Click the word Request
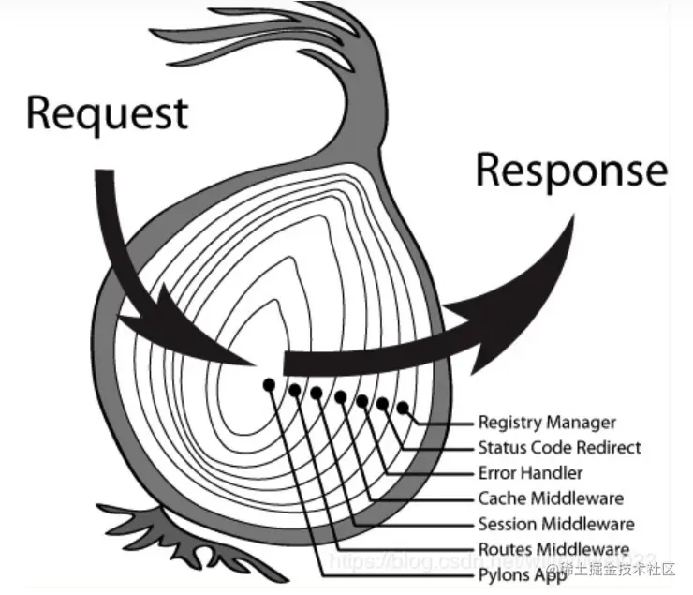(107, 113)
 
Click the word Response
(571, 171)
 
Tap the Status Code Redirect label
(559, 448)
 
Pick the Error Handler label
(530, 473)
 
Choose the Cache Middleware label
(550, 498)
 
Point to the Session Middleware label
(555, 524)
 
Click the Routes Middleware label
(553, 549)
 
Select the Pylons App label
(522, 574)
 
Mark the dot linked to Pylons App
(269, 384)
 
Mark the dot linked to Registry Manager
(404, 409)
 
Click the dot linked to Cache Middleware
(340, 396)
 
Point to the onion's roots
(159, 534)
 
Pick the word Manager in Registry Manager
(582, 423)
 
